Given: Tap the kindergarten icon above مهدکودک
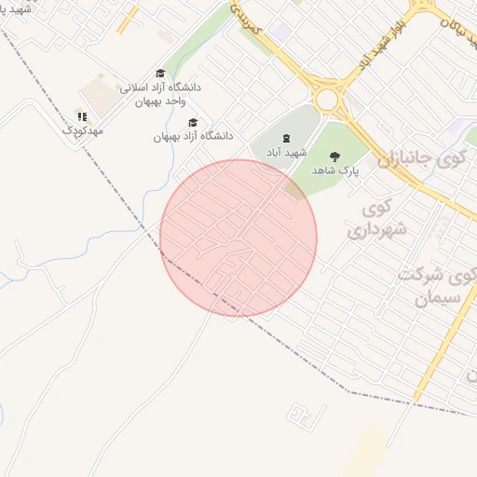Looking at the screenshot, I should click(82, 116).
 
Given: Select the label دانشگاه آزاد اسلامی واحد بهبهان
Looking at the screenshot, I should click(159, 93).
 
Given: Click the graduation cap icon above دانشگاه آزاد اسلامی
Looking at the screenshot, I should click(160, 73).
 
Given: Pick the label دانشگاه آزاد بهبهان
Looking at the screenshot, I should click(194, 136).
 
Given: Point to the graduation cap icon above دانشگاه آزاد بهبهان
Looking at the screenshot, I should click(193, 122).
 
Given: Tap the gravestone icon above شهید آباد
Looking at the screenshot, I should click(285, 137).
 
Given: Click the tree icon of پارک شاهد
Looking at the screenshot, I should click(334, 157).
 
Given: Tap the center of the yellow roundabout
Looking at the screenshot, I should click(327, 99).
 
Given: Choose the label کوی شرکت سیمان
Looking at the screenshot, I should click(431, 286).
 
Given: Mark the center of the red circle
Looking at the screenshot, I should click(238, 238).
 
